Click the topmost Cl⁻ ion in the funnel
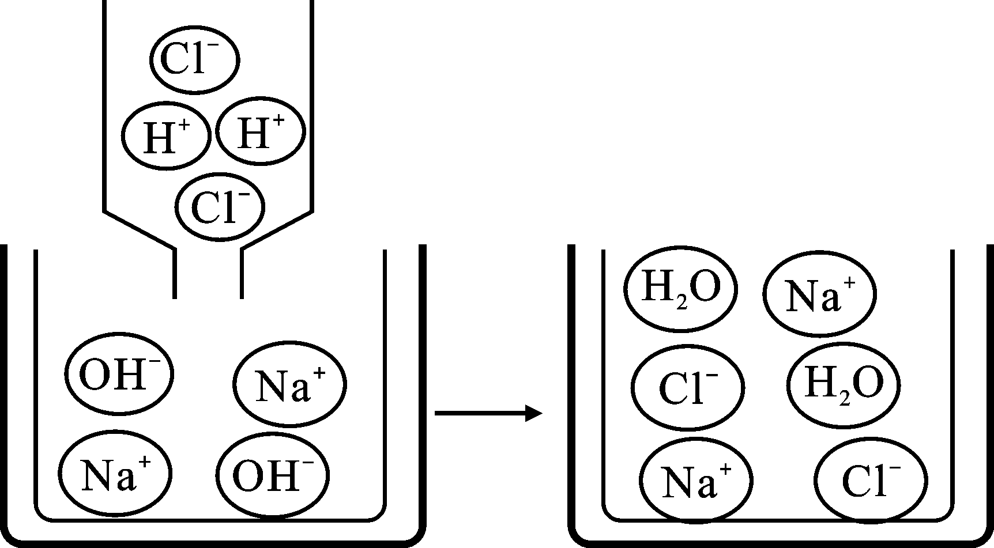pyautogui.click(x=195, y=59)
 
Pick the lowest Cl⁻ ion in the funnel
pyautogui.click(x=220, y=207)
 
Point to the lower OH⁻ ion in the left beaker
pyautogui.click(x=273, y=475)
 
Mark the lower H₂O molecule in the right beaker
pyautogui.click(x=844, y=384)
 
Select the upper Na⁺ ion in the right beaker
pyautogui.click(x=820, y=296)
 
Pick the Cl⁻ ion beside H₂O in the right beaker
pyautogui.click(x=688, y=388)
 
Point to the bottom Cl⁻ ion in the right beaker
pyautogui.click(x=871, y=480)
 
